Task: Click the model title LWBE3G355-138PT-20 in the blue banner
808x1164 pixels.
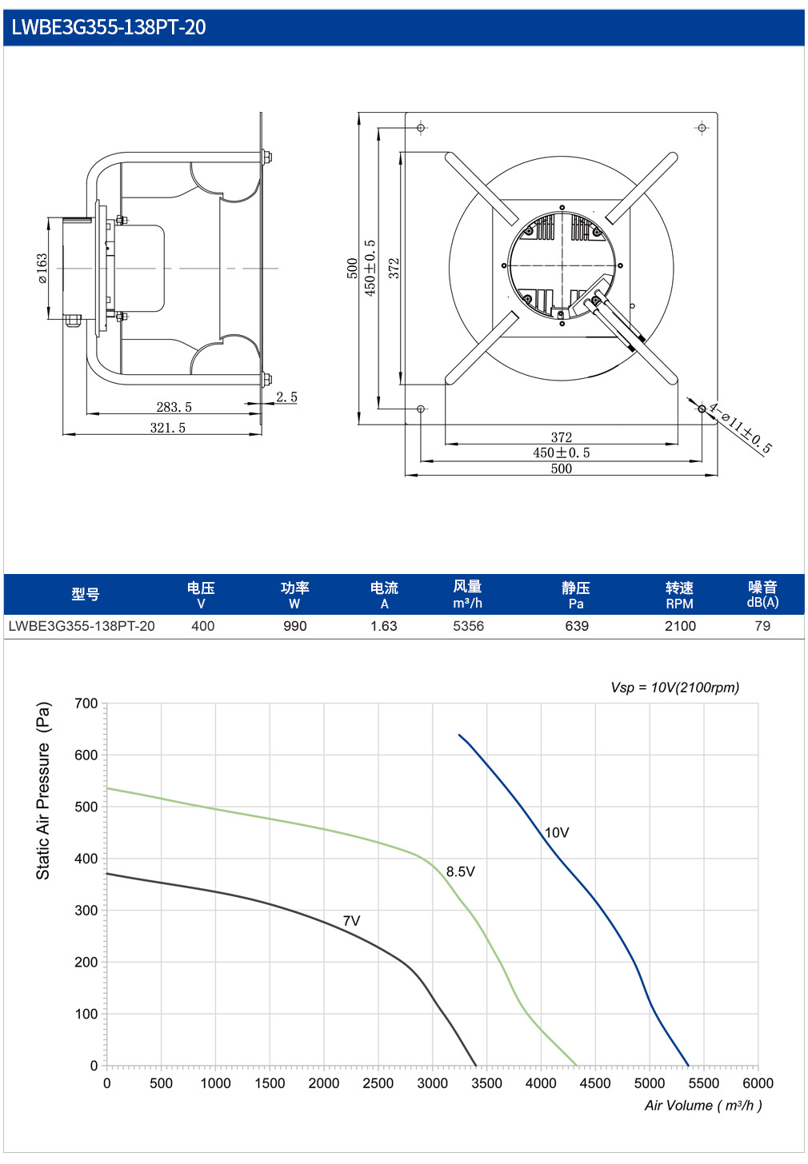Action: [109, 27]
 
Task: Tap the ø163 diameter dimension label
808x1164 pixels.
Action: [42, 268]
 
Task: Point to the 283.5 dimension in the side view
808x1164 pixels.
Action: [174, 407]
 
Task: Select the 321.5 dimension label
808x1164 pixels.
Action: [167, 428]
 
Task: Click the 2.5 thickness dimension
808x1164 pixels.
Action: [286, 397]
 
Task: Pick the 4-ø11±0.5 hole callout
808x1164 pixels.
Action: [741, 429]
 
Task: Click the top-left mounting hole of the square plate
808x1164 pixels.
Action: [421, 128]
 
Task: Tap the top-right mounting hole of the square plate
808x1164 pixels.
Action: [702, 128]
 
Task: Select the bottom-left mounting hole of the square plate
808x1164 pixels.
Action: [421, 409]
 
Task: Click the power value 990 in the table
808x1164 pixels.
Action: [295, 626]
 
